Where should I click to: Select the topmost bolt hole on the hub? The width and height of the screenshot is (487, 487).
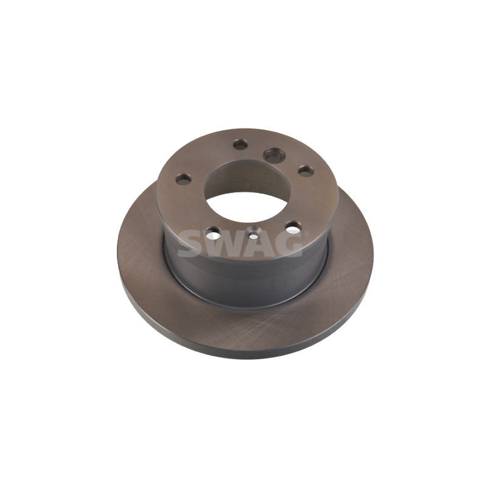pos(240,144)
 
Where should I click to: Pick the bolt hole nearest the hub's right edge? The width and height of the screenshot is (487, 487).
pos(306,170)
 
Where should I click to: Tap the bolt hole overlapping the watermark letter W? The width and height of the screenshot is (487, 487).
pos(213,231)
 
